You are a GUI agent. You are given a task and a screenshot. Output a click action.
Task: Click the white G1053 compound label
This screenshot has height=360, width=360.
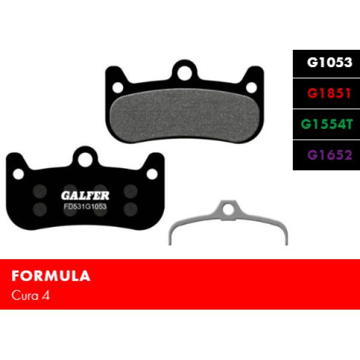(x=329, y=62)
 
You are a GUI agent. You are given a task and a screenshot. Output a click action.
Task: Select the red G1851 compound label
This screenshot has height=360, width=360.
(x=329, y=93)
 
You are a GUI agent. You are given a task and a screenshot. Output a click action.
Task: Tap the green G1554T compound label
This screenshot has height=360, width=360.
(x=326, y=124)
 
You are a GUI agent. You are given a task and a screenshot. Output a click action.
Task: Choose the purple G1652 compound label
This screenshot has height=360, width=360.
(x=329, y=155)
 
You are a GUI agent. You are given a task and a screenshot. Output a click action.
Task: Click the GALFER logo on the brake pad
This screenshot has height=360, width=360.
(x=85, y=196)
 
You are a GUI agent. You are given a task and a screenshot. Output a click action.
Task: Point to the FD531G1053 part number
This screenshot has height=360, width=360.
(x=85, y=206)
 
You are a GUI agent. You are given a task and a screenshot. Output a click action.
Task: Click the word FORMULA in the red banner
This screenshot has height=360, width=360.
(x=51, y=276)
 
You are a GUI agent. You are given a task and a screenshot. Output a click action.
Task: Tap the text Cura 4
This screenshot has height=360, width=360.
(x=31, y=295)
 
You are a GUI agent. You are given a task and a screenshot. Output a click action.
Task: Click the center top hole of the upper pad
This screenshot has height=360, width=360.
(x=184, y=73)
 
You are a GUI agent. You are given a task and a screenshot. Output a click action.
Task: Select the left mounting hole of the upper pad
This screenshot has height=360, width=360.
(x=118, y=88)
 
